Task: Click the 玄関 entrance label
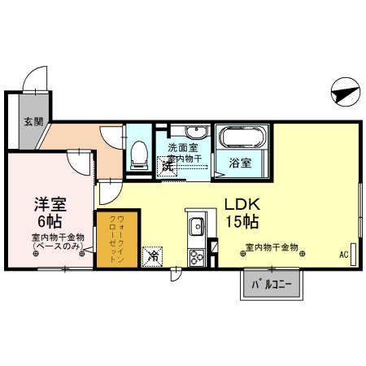click(x=33, y=124)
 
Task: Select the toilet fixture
click(x=137, y=152)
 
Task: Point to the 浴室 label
click(x=239, y=162)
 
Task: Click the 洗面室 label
click(x=184, y=147)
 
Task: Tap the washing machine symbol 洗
click(x=167, y=166)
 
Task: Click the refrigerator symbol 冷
click(x=153, y=257)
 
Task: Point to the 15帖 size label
click(x=242, y=221)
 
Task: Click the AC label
click(x=344, y=255)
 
